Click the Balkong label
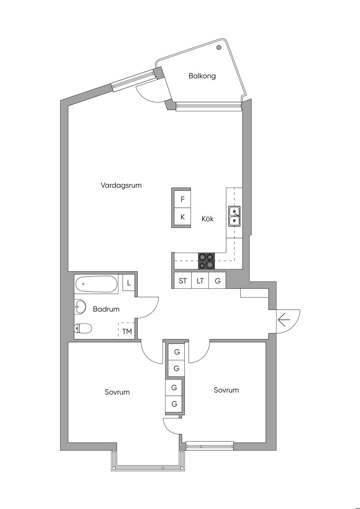202,76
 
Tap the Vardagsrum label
121,185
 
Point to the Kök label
207,219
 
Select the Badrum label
106,309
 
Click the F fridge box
182,199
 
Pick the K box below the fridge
182,217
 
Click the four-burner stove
206,261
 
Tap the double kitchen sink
234,216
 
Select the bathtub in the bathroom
96,284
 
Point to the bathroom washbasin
80,307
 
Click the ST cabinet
183,281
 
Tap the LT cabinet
200,281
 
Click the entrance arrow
284,320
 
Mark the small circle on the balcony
219,47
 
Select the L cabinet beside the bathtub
129,283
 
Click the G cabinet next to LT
217,281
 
